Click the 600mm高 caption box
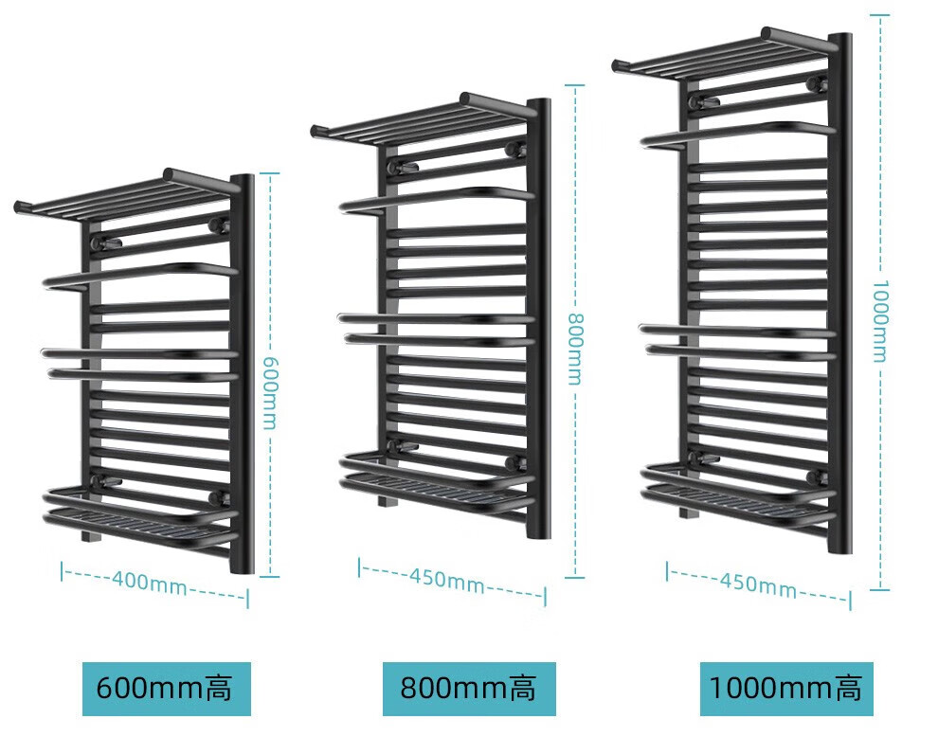[x=166, y=689]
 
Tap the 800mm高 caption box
[x=468, y=689]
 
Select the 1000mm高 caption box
[x=785, y=689]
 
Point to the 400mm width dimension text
[x=150, y=581]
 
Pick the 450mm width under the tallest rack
[x=758, y=583]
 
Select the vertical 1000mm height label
[x=880, y=320]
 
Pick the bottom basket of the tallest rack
[x=737, y=494]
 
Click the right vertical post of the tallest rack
[x=840, y=294]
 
